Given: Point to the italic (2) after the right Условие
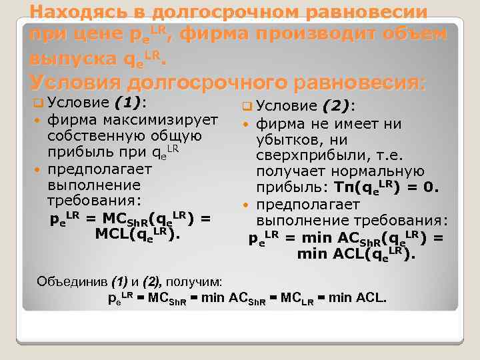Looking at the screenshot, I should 337,105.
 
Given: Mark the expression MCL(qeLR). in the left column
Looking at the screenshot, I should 137,234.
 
